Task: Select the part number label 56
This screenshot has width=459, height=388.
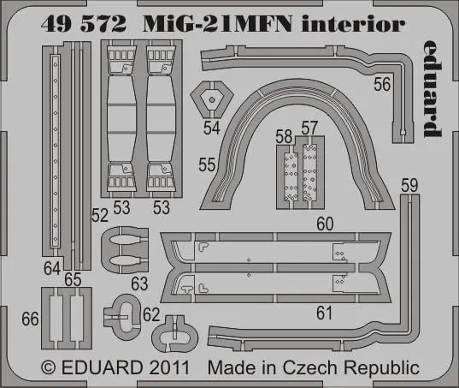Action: [x=382, y=83]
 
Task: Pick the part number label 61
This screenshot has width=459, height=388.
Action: [x=324, y=313]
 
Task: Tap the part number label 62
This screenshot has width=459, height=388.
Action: [x=151, y=315]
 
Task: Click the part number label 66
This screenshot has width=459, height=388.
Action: [x=32, y=319]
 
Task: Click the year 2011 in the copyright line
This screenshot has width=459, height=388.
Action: [x=183, y=368]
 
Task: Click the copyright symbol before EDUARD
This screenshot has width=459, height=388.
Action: [x=48, y=369]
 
